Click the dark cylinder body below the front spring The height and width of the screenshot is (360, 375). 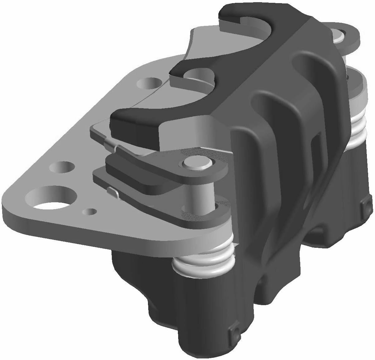pyautogui.click(x=199, y=299)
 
